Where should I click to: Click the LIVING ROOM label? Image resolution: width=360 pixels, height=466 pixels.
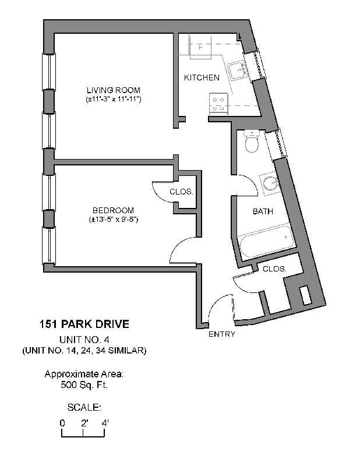coord(113,90)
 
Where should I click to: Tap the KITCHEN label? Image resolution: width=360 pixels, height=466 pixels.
coord(202,77)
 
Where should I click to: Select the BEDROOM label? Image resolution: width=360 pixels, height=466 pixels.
coord(113,210)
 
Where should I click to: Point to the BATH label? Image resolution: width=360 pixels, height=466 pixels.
coord(263,211)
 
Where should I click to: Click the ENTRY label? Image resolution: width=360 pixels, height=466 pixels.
coord(221,334)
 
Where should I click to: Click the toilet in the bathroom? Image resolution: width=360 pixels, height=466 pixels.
coord(252,142)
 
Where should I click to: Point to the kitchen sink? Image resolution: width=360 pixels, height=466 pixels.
coord(238,70)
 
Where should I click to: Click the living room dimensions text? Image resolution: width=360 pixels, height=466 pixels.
coord(113,100)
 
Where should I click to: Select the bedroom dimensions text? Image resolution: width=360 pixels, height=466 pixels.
coord(113,220)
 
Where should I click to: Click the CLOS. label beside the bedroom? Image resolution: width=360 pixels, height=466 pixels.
coord(181,192)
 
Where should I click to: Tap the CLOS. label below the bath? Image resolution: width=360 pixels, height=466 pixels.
coord(274,269)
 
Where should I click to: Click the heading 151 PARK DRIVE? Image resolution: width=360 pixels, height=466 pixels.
coord(84,324)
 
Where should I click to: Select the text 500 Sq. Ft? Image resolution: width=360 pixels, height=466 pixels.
coord(84,385)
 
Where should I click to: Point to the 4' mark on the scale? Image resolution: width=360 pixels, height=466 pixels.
coord(105,423)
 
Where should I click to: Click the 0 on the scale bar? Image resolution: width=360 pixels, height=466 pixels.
coord(62,423)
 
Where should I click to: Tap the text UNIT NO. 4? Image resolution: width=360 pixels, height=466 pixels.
coord(84,340)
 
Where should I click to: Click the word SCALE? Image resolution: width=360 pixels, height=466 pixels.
coord(84,407)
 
